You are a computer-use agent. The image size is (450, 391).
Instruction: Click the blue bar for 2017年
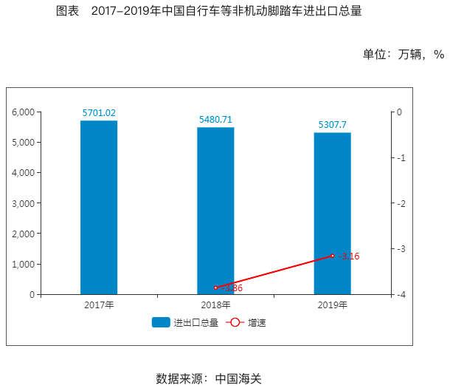(x=99, y=208)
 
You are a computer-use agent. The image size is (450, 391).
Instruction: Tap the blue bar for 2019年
(x=332, y=214)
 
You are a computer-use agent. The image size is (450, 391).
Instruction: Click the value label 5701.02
(x=99, y=113)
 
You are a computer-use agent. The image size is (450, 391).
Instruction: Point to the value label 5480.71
(x=215, y=120)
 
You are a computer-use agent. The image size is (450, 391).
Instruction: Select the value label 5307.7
(x=332, y=125)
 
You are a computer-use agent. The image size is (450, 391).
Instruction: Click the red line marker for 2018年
(x=215, y=288)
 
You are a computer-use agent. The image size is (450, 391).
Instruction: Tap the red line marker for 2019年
(x=333, y=256)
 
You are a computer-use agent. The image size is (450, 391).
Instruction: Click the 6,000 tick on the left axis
(x=24, y=112)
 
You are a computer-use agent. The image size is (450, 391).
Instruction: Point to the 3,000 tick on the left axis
(x=24, y=203)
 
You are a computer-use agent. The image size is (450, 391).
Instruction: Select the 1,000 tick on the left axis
(x=24, y=264)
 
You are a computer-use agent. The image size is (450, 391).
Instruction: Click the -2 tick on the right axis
(x=399, y=203)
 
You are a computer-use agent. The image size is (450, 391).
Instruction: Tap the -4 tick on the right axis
(x=399, y=294)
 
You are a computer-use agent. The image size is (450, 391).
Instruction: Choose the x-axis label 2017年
(x=99, y=305)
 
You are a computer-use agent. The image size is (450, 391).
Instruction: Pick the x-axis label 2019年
(x=332, y=305)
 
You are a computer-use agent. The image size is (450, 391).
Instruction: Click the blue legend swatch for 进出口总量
(x=161, y=322)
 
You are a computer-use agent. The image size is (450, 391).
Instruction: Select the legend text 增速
(x=257, y=322)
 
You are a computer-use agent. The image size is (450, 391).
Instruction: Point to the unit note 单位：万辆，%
(x=403, y=54)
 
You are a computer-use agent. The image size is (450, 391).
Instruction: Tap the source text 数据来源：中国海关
(x=209, y=378)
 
